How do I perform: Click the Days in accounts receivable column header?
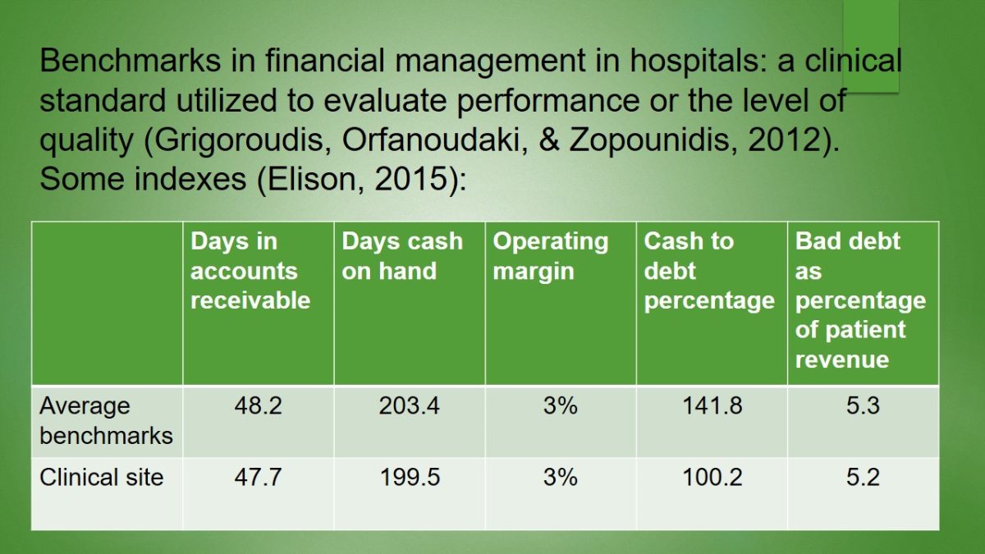pos(250,271)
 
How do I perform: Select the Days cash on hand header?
pos(402,256)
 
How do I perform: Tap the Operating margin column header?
pos(551,256)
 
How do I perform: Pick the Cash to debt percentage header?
pos(709,271)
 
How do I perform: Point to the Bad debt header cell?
pos(860,300)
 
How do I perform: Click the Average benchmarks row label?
pos(106,420)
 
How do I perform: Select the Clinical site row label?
pos(102,477)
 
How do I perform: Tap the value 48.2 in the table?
pos(258,406)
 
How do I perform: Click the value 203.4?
pos(409,406)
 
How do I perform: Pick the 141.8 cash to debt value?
pos(712,406)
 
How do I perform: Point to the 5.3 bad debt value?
pos(863,406)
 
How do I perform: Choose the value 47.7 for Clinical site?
pos(258,477)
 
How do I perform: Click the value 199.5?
pos(409,477)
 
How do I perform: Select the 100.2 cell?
pos(712,477)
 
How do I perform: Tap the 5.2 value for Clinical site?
pos(863,477)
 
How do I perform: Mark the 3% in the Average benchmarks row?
pos(560,406)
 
